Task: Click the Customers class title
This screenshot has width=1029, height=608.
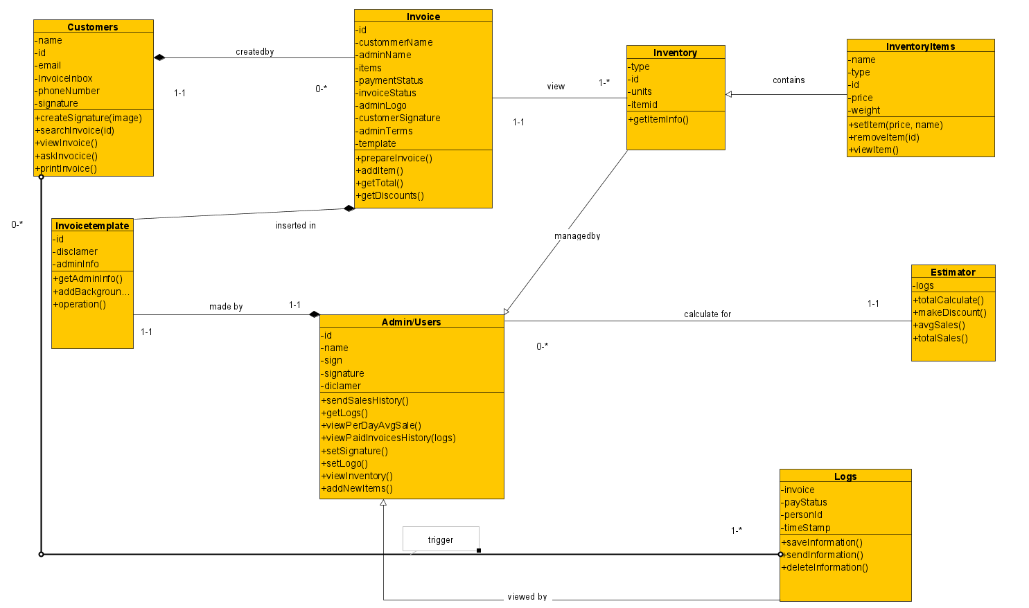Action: click(x=93, y=27)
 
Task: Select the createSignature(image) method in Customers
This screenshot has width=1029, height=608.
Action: click(x=89, y=118)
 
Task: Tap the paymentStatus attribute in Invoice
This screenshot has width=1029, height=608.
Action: click(x=391, y=80)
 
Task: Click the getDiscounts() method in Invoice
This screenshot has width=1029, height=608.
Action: click(x=390, y=195)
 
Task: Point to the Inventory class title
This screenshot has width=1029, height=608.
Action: click(x=675, y=53)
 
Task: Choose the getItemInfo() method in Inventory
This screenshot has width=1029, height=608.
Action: click(x=659, y=119)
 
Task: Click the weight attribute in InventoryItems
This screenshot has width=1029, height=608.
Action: click(x=865, y=110)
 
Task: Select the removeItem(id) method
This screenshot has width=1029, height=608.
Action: click(x=884, y=137)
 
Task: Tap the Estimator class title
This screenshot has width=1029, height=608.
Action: click(x=953, y=272)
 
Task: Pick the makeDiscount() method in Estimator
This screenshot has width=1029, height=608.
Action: click(x=950, y=312)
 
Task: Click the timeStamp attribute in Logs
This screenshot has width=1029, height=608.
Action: click(x=807, y=528)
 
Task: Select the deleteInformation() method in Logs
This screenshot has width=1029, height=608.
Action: click(x=825, y=567)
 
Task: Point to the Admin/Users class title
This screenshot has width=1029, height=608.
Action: click(x=411, y=322)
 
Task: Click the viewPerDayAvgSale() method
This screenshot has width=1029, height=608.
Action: click(x=371, y=425)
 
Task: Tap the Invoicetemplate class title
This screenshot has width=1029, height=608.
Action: click(x=92, y=226)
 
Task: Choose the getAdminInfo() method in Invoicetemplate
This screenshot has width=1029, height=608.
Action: click(x=88, y=278)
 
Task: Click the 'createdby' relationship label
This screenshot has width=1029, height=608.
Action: click(x=255, y=52)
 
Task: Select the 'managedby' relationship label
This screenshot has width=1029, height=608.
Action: click(x=577, y=236)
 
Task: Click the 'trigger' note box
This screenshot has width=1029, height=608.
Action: click(x=441, y=539)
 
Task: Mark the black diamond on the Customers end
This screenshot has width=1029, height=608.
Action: click(x=160, y=57)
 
